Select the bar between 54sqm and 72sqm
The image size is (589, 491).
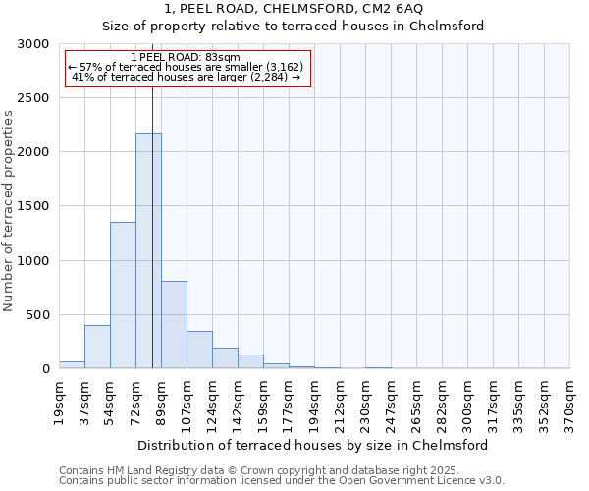point(123,295)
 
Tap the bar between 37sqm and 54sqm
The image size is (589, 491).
point(97,347)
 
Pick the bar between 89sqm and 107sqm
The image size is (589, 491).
point(174,324)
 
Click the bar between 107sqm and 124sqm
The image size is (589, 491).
point(199,350)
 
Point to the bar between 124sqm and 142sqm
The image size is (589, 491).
point(225,358)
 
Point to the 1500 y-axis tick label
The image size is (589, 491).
point(33,207)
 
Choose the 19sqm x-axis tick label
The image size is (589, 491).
point(59,400)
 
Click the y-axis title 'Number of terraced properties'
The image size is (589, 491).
point(9,211)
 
